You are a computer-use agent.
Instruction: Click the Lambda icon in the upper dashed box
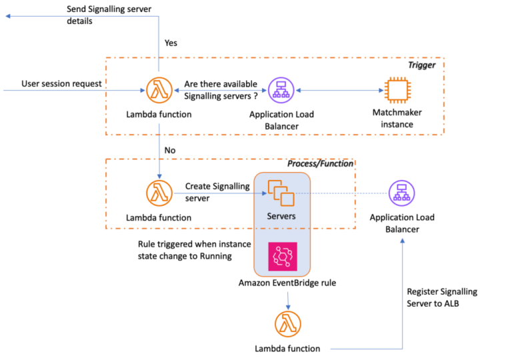coord(159,90)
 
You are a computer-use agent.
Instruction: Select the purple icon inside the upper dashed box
coord(281,90)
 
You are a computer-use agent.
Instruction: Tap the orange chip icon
coord(397,90)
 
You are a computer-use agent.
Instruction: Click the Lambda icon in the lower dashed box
coord(159,193)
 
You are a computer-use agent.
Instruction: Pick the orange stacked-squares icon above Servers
coord(281,193)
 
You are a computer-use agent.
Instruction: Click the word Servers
coord(281,216)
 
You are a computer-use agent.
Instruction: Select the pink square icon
coord(283,257)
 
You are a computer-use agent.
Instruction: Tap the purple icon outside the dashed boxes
coord(401,193)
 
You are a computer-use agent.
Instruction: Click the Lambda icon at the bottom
coord(288,324)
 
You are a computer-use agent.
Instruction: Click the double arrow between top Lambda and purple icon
coord(220,90)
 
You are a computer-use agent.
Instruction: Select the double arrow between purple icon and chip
coord(339,90)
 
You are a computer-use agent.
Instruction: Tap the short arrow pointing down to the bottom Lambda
coord(288,301)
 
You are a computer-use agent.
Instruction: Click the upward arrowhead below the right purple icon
coord(402,241)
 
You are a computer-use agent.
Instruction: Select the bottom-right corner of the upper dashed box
coord(444,135)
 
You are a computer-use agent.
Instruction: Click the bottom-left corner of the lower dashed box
coord(106,229)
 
